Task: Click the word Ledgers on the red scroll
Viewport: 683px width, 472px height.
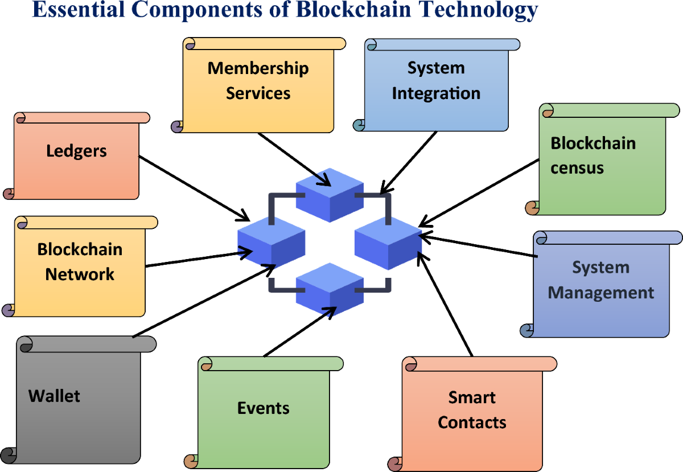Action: pos(76,151)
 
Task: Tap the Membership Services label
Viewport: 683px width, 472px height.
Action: pos(258,80)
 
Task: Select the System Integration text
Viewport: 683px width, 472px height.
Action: pos(436,80)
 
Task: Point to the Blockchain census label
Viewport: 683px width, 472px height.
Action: pos(593,155)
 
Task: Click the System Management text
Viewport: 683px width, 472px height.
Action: pos(600,280)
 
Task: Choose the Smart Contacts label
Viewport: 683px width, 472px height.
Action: pos(472,410)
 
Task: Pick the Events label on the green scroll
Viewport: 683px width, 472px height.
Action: pos(263,408)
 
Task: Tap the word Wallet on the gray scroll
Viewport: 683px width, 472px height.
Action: pos(54,396)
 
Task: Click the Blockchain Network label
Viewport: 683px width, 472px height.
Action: pos(80,261)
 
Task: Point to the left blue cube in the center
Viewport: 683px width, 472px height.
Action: pos(271,241)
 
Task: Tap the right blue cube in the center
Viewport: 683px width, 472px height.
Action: pos(388,241)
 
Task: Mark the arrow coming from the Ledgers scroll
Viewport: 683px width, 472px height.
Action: pos(194,188)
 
